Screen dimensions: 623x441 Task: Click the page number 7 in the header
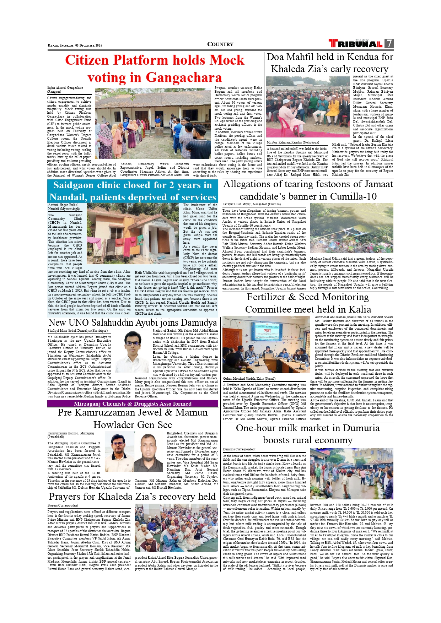pos(389,43)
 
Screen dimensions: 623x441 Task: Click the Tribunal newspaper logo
pos(356,44)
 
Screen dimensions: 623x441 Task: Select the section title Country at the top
pos(220,44)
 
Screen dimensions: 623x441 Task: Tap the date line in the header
pos(75,45)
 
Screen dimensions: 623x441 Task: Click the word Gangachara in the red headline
pos(184,77)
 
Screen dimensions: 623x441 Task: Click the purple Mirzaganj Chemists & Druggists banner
pos(133,403)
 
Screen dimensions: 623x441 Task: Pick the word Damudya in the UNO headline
pos(199,323)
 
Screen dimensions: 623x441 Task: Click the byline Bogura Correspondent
pos(63,505)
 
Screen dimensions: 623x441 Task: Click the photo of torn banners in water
pos(351,228)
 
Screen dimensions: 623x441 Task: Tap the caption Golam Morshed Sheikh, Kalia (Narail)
pos(249,379)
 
